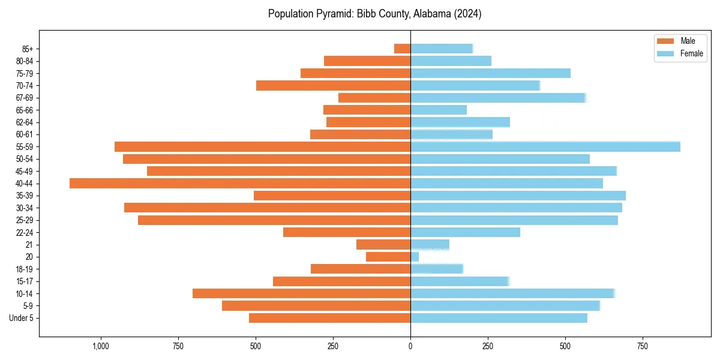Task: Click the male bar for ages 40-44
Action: pos(240,183)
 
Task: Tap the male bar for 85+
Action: pos(402,49)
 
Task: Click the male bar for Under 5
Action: pos(329,318)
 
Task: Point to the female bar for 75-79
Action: pos(490,73)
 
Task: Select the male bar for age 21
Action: pos(383,244)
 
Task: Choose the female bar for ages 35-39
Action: pos(518,196)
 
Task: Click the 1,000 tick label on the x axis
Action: pos(100,346)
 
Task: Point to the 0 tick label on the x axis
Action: pos(410,346)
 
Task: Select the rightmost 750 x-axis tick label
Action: pos(643,346)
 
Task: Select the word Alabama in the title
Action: pos(431,14)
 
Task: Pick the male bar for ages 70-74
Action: pos(333,85)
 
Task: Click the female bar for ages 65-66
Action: pos(438,110)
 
